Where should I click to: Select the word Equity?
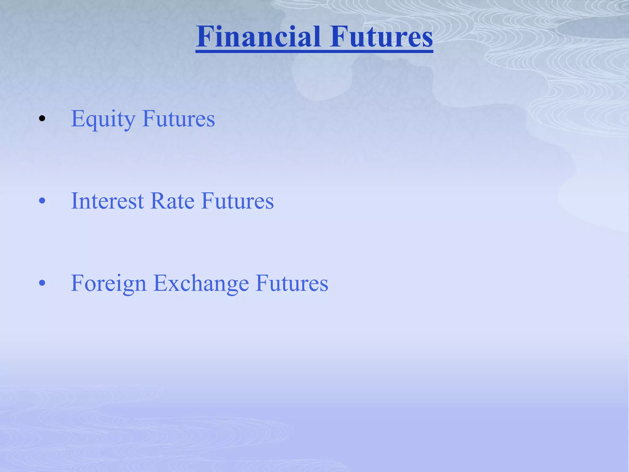103,119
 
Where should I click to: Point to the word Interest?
107,201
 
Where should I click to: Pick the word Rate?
172,201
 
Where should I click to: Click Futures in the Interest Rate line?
237,201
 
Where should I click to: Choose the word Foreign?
108,283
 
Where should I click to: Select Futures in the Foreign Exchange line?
292,283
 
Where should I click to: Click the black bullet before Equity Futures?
42,119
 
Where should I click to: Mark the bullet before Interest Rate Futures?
42,201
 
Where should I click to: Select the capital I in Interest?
75,201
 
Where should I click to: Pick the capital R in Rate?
158,201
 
